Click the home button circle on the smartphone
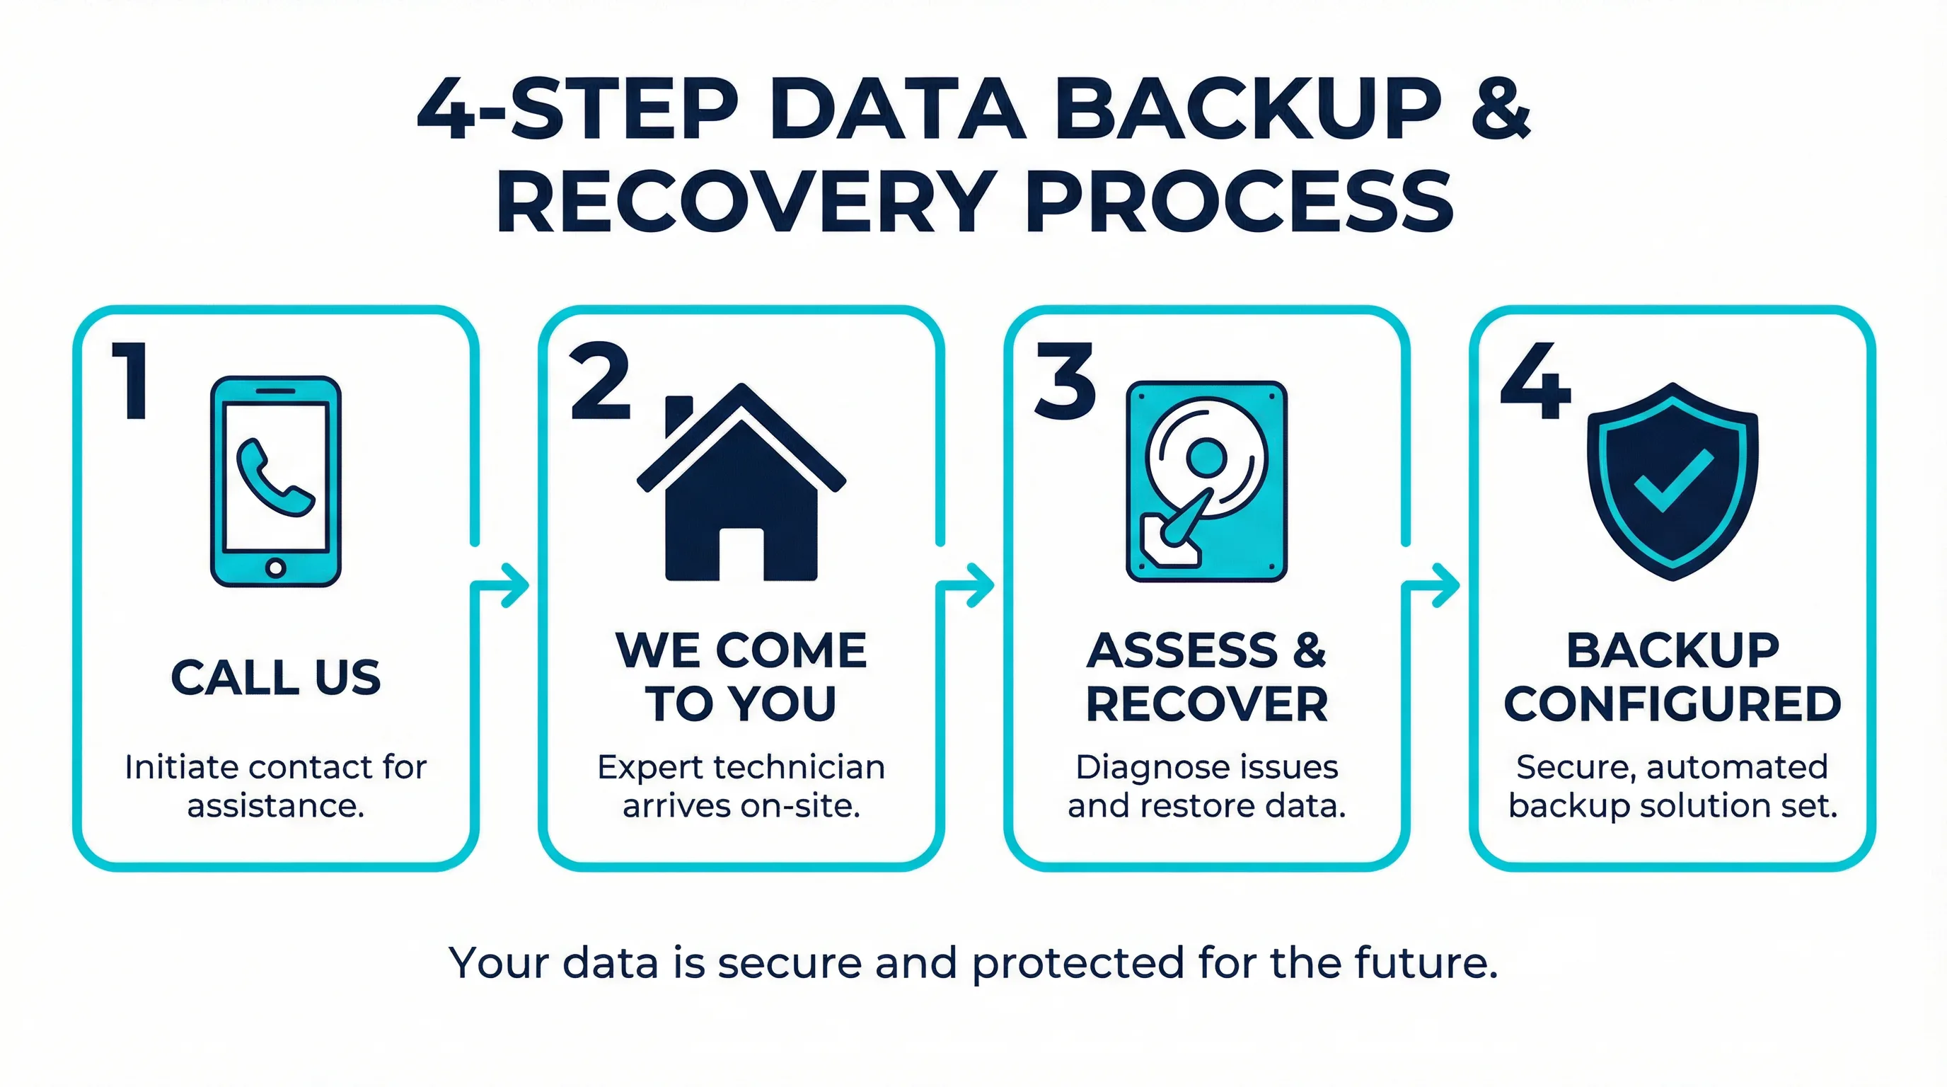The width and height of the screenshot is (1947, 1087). tap(276, 568)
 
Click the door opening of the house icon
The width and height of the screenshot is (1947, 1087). tap(741, 554)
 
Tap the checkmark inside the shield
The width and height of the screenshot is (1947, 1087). tap(1672, 481)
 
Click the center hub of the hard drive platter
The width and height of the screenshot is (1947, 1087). tap(1206, 456)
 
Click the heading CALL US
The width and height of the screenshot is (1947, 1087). tap(276, 677)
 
